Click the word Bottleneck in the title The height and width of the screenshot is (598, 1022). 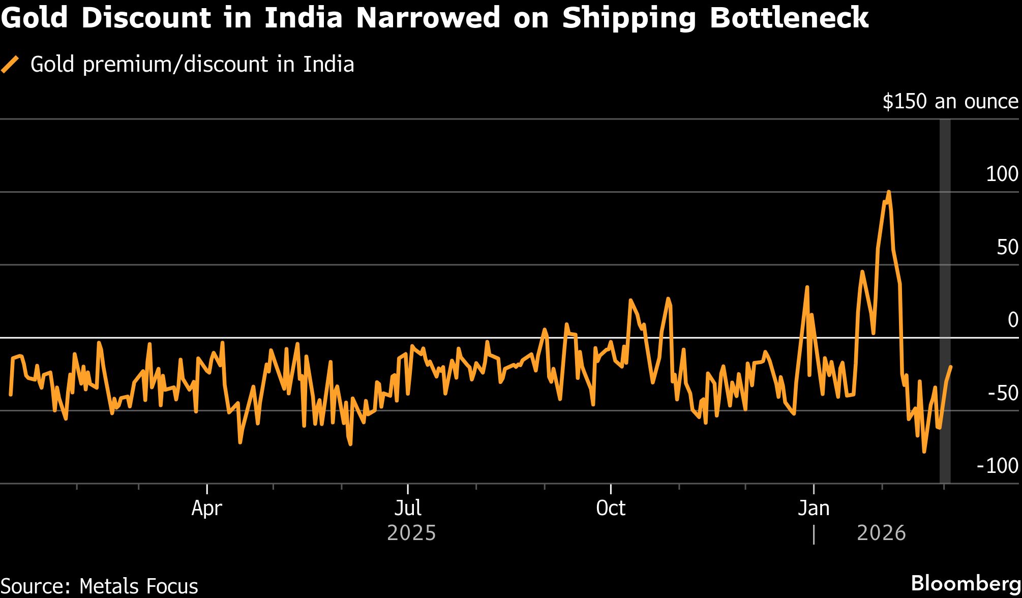pyautogui.click(x=789, y=18)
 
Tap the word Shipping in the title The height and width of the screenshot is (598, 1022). pyautogui.click(x=628, y=18)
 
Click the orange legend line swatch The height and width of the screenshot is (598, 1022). pyautogui.click(x=10, y=65)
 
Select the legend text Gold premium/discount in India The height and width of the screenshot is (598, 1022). pyautogui.click(x=192, y=65)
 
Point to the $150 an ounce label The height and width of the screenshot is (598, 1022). pyautogui.click(x=950, y=102)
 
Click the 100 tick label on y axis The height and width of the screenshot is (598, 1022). pyautogui.click(x=1002, y=174)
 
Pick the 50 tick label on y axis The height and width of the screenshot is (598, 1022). pyautogui.click(x=1007, y=248)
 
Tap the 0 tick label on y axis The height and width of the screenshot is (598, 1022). pyautogui.click(x=1012, y=320)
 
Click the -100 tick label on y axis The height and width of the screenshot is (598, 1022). pyautogui.click(x=998, y=466)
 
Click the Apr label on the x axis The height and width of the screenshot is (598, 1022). pyautogui.click(x=207, y=508)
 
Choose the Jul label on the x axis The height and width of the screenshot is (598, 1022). pyautogui.click(x=408, y=508)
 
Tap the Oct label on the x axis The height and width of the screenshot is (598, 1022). pyautogui.click(x=611, y=508)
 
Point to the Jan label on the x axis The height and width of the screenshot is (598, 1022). pyautogui.click(x=814, y=508)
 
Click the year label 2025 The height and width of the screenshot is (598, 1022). pyautogui.click(x=411, y=533)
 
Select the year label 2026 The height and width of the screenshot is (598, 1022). pyautogui.click(x=881, y=533)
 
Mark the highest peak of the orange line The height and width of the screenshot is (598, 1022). pyautogui.click(x=888, y=192)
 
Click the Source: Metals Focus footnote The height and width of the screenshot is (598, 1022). pyautogui.click(x=100, y=586)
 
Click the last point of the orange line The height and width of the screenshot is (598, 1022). pyautogui.click(x=951, y=367)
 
